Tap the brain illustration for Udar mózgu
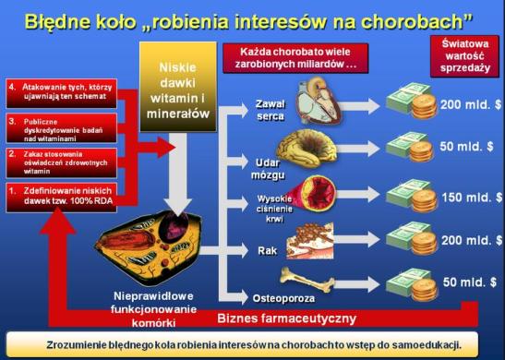click(319, 144)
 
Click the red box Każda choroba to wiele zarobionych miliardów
click(302, 57)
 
